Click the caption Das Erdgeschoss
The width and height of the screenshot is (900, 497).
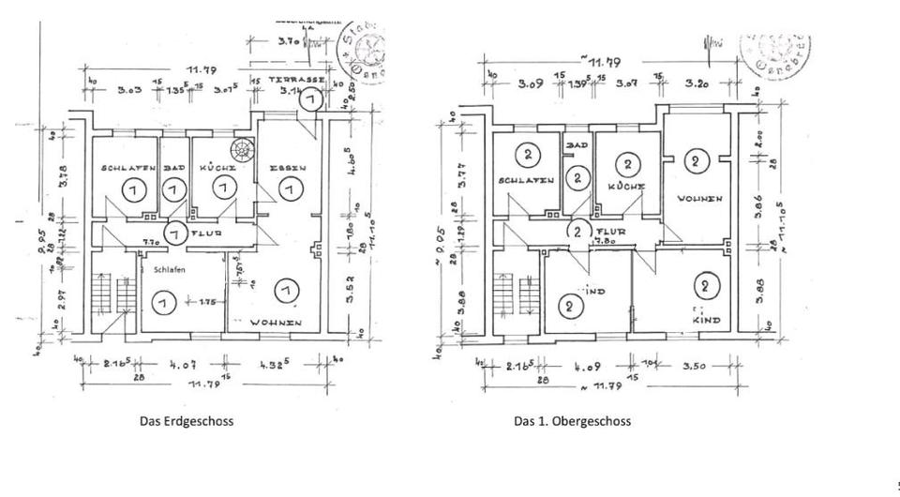pos(187,421)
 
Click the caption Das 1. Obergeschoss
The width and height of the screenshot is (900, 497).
pos(572,421)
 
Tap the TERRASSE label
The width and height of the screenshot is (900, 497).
pos(294,81)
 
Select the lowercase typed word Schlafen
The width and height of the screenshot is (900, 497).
pos(165,269)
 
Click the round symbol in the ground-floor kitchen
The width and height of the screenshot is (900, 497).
pos(243,148)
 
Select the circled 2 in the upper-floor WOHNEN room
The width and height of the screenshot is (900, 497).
pos(696,161)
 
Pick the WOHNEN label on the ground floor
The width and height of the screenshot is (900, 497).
pos(276,324)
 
